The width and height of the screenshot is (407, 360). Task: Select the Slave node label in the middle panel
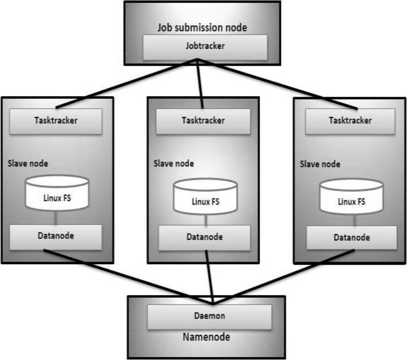click(173, 163)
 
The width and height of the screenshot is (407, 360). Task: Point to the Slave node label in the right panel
click(320, 163)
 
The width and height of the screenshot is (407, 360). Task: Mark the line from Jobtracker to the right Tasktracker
click(277, 83)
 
